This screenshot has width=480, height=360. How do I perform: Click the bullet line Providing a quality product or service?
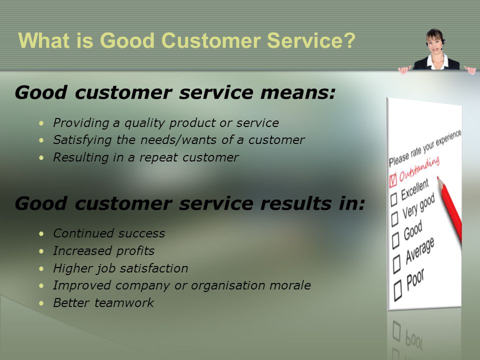point(165,122)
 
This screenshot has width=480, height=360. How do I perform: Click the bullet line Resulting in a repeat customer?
point(145,157)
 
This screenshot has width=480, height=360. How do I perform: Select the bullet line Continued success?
point(108,233)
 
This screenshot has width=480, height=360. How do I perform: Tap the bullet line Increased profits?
point(103,251)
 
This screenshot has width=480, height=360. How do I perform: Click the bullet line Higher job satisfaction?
point(120,268)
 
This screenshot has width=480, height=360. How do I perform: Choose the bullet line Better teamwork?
point(103,303)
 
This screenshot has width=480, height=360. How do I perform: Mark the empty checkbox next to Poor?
point(398,288)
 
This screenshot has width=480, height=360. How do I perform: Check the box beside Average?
point(397,261)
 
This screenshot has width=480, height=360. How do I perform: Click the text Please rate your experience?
point(425,148)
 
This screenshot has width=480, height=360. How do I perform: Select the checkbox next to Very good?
point(394,217)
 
